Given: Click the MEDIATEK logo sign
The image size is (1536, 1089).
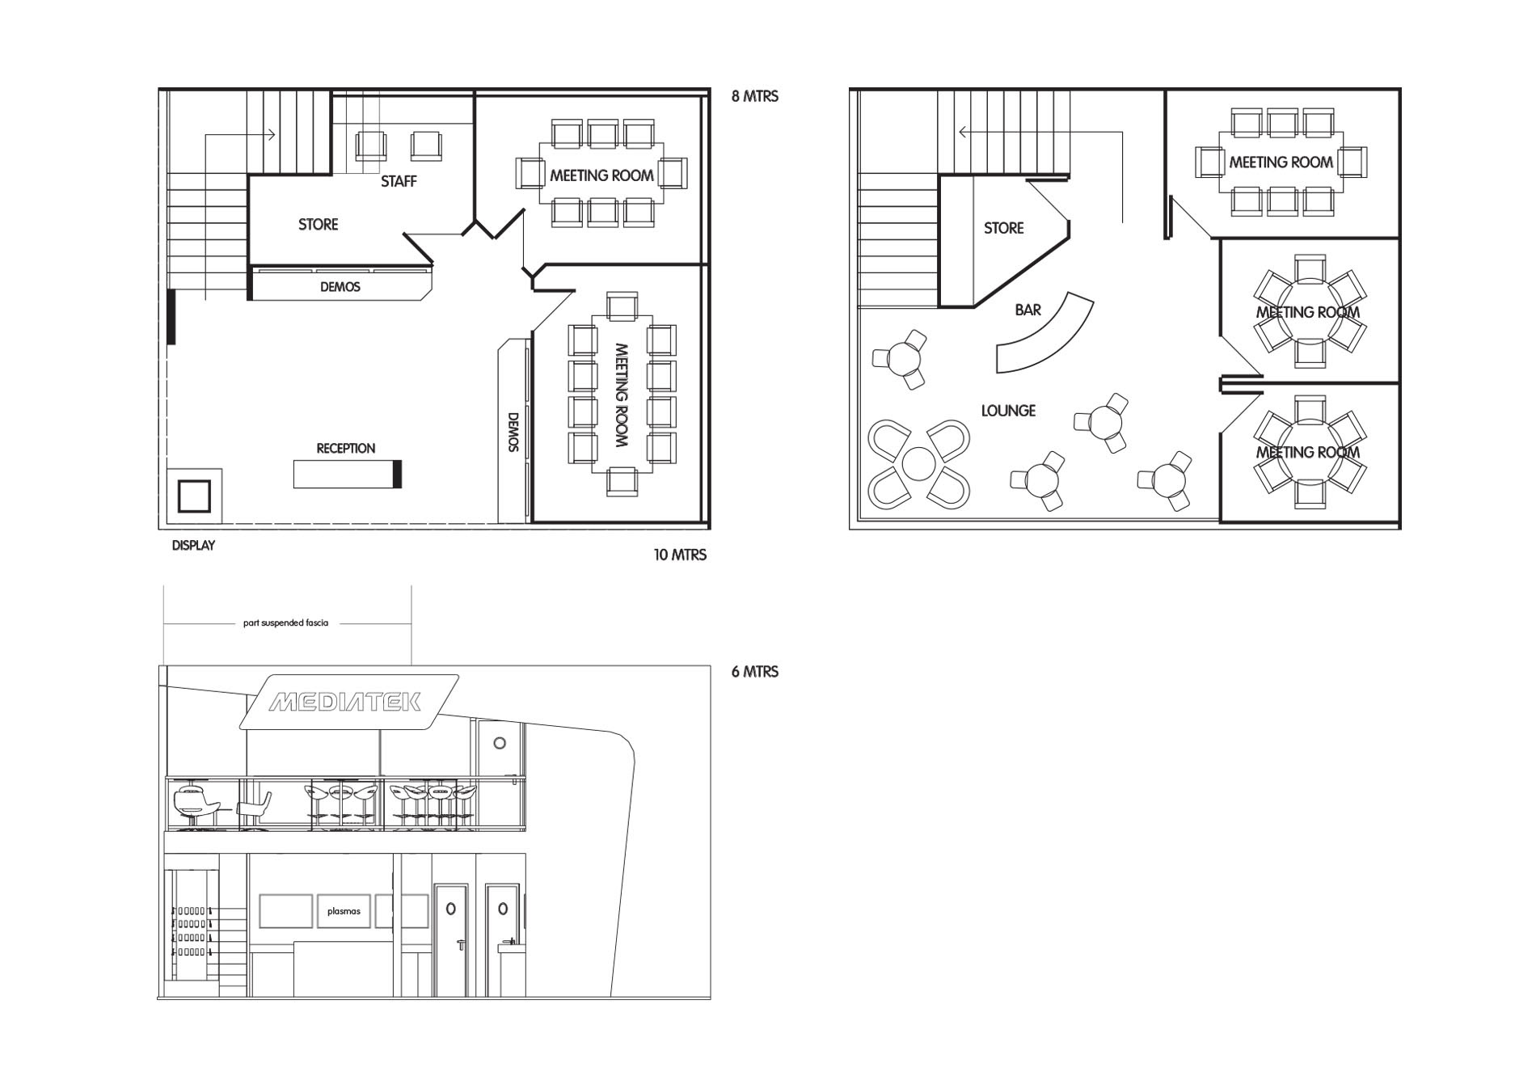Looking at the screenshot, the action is click(x=349, y=702).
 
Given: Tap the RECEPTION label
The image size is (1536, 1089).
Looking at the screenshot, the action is click(x=346, y=449).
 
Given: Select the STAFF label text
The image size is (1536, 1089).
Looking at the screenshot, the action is click(x=399, y=182).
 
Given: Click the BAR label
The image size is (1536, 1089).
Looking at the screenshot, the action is click(x=1028, y=310).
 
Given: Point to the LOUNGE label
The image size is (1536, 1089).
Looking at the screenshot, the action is click(x=1008, y=411).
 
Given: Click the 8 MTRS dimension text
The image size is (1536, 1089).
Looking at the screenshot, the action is click(x=755, y=96).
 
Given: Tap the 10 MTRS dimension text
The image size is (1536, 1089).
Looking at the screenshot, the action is click(x=680, y=555).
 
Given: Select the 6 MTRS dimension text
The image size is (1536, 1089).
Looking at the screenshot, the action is click(x=755, y=672).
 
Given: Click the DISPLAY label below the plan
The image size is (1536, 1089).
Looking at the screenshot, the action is click(x=193, y=546).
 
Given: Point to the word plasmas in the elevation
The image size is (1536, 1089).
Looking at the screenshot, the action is click(x=344, y=911).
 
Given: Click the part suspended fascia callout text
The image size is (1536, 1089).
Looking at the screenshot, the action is click(x=285, y=623).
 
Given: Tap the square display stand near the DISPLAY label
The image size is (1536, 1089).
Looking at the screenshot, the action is click(x=194, y=495).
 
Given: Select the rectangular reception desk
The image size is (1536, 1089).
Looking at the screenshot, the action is click(x=347, y=474).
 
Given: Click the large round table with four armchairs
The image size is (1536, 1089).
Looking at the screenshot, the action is click(x=918, y=463).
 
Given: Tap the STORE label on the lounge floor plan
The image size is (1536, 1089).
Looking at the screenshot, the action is click(x=1003, y=229).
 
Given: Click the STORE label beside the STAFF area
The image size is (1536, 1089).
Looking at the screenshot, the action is click(x=318, y=225).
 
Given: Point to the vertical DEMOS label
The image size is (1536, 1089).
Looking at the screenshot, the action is click(x=513, y=433).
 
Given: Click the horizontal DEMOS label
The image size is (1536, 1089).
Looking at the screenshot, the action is click(x=340, y=287).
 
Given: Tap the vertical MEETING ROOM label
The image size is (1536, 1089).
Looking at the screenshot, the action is click(x=621, y=395).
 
